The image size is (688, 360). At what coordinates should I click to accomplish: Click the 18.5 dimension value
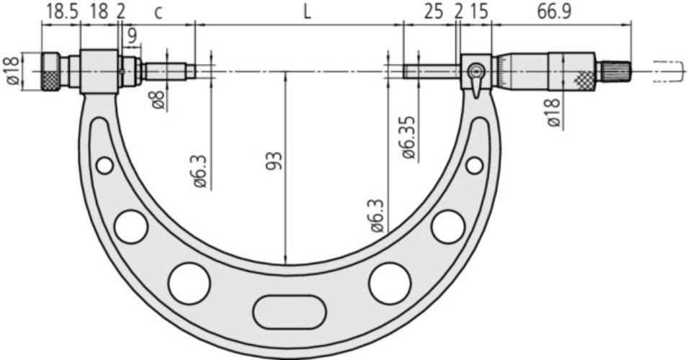(62, 12)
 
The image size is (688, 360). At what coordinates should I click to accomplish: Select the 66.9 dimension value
(555, 12)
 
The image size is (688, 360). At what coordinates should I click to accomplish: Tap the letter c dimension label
(158, 13)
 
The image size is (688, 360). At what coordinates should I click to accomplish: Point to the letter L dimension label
(307, 12)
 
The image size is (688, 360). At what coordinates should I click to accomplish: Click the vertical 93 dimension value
(274, 161)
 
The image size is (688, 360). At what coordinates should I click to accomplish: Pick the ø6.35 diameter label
(408, 138)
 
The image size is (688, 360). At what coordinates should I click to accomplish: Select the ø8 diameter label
(158, 99)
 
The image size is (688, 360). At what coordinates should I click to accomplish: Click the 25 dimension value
(434, 12)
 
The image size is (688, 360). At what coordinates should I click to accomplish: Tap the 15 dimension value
(478, 12)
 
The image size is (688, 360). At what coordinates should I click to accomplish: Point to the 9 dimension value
(132, 37)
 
